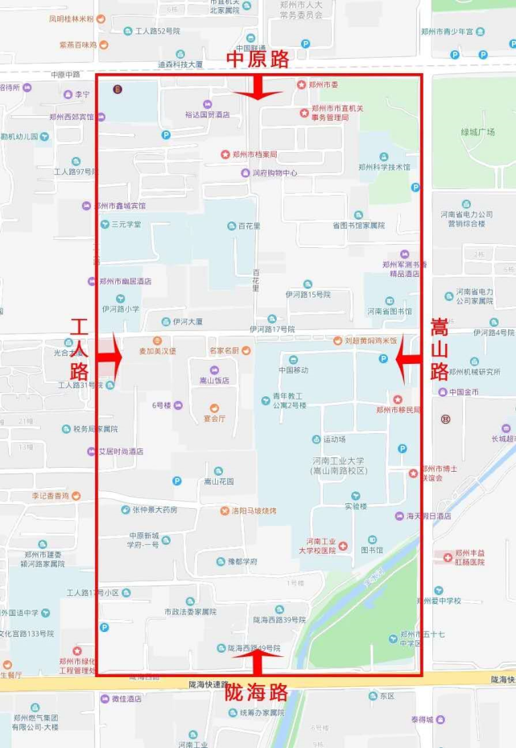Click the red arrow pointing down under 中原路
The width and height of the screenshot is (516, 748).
[258, 89]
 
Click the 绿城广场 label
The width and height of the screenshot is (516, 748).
[477, 132]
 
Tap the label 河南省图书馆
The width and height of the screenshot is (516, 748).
[390, 311]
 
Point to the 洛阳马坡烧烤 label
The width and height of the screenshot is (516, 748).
[254, 510]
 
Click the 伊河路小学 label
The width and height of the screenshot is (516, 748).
[121, 308]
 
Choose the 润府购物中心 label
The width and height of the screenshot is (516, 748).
[275, 172]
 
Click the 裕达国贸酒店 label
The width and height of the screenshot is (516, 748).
[207, 115]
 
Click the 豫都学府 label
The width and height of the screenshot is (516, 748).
[242, 561]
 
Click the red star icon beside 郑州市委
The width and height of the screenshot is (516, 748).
[302, 85]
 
